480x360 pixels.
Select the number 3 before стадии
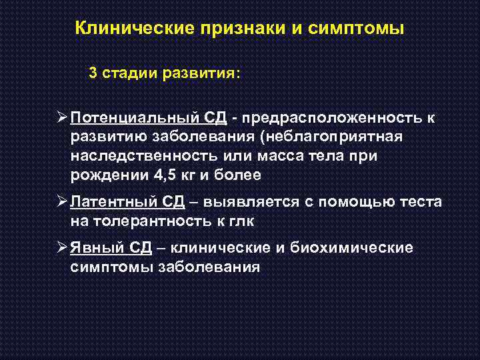(93, 73)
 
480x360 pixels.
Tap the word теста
(419, 202)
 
